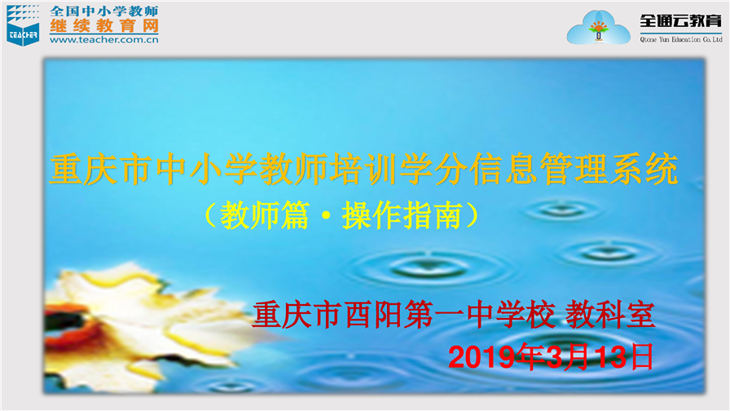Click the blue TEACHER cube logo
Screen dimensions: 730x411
[23, 25]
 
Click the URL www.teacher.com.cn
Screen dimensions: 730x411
[103, 40]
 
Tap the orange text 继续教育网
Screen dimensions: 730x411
[104, 26]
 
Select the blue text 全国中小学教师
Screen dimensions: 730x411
[104, 11]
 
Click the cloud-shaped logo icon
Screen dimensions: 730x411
[598, 28]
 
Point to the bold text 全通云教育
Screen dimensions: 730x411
[680, 21]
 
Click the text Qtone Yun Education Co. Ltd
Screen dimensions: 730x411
[681, 40]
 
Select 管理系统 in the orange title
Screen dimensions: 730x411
[609, 169]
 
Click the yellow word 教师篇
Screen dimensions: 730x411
[264, 215]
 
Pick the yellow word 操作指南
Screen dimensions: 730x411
[402, 215]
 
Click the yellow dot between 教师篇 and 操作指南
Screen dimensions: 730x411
[326, 216]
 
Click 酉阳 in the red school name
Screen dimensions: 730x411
[373, 315]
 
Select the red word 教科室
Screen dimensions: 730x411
[610, 315]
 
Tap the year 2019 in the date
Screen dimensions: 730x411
[483, 357]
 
